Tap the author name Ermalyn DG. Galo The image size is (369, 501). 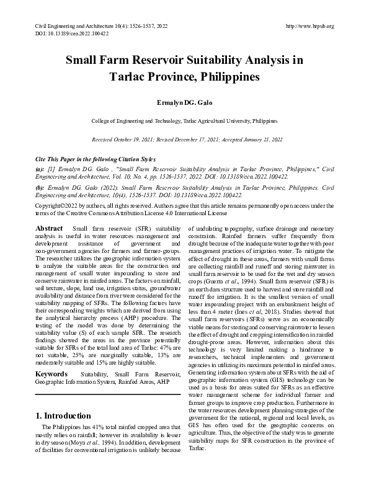184,100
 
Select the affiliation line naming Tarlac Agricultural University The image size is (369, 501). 184,122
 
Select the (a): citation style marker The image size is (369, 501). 40,169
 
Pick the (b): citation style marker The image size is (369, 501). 40,187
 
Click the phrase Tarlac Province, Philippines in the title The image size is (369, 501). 184,79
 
